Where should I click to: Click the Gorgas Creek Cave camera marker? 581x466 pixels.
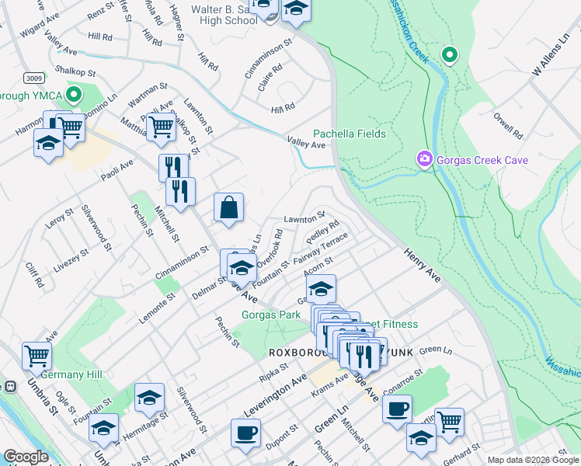click(425, 160)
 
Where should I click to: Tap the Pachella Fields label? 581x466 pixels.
click(350, 134)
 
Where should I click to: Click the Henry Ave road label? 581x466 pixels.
click(423, 266)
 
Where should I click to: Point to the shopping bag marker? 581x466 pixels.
click(229, 208)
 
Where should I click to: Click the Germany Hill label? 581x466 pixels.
click(71, 374)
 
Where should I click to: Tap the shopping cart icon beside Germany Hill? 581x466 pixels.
click(37, 356)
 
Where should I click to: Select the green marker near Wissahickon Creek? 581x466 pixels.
click(449, 55)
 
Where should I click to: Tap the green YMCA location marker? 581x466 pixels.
click(75, 96)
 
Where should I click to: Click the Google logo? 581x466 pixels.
click(25, 457)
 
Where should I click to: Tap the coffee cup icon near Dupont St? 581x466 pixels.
click(245, 432)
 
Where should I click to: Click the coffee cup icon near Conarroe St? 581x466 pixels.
click(397, 408)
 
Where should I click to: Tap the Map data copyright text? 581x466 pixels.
click(532, 460)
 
